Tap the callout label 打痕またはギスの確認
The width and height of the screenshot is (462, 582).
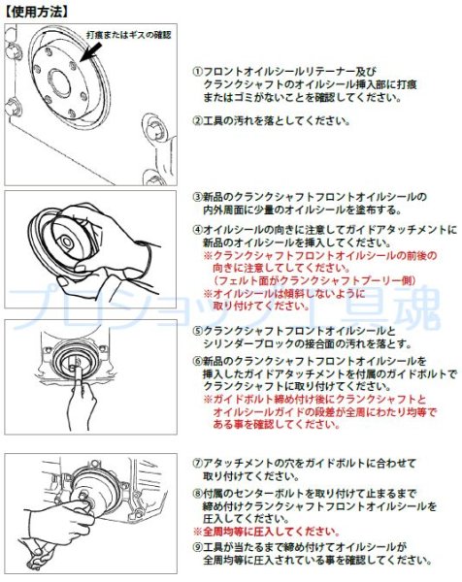click(x=127, y=35)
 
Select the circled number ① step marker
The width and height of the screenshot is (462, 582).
click(x=197, y=72)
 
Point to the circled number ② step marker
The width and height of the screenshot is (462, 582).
click(x=197, y=121)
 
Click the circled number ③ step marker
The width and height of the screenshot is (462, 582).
click(x=197, y=196)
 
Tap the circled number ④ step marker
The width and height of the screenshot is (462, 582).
click(x=197, y=229)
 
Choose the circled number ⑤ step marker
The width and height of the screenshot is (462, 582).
click(x=197, y=331)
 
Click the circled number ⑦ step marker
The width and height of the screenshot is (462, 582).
click(x=197, y=464)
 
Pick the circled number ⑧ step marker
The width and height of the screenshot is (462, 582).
click(x=197, y=494)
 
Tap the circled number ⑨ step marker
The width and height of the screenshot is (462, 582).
click(x=197, y=546)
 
